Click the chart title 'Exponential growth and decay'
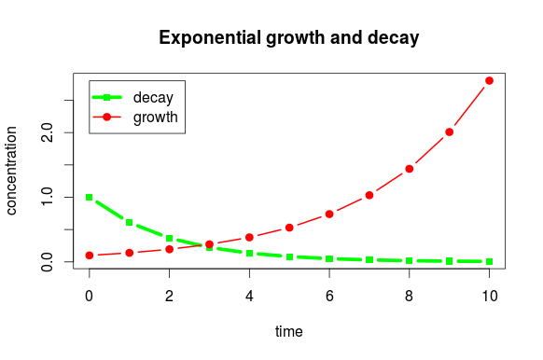point(288,38)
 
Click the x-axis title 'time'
point(288,331)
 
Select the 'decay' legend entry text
point(153,97)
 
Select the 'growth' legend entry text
point(156,118)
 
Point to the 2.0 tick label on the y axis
point(45,133)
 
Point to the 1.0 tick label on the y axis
point(45,198)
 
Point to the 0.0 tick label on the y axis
point(45,262)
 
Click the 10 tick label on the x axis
point(489,296)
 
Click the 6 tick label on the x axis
point(329,296)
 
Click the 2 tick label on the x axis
point(169,296)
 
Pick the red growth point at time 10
point(489,81)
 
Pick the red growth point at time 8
point(409,169)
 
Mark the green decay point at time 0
point(90,198)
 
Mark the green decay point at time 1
point(130,223)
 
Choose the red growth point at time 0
point(90,256)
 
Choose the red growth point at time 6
point(329,214)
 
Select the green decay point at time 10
point(489,262)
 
